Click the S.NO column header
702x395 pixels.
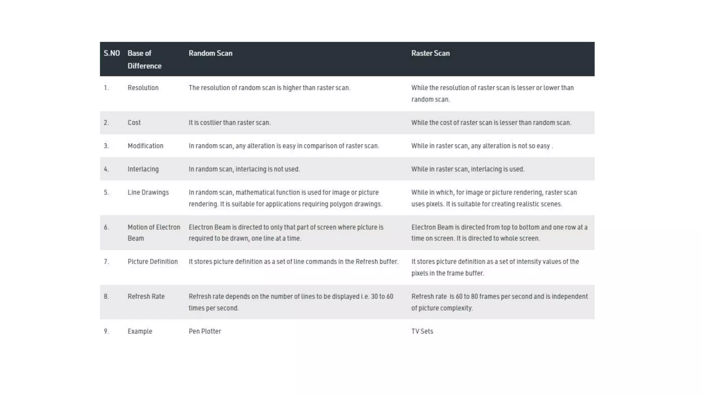112,53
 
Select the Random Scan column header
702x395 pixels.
210,53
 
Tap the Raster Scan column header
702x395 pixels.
431,53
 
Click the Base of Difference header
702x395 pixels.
144,59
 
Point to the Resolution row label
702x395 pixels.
143,88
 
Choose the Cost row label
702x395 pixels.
134,123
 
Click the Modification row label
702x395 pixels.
145,146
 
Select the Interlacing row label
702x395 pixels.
143,169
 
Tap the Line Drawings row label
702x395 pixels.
148,192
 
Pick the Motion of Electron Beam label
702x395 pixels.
154,233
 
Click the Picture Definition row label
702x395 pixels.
153,262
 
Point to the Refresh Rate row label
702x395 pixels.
146,297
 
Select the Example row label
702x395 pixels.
140,332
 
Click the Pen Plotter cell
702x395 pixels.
205,332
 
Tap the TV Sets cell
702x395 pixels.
422,332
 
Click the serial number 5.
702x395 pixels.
106,192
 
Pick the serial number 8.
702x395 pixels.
106,297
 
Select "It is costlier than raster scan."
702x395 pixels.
230,123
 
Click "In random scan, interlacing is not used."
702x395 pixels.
244,169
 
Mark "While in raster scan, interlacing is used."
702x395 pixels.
468,169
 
